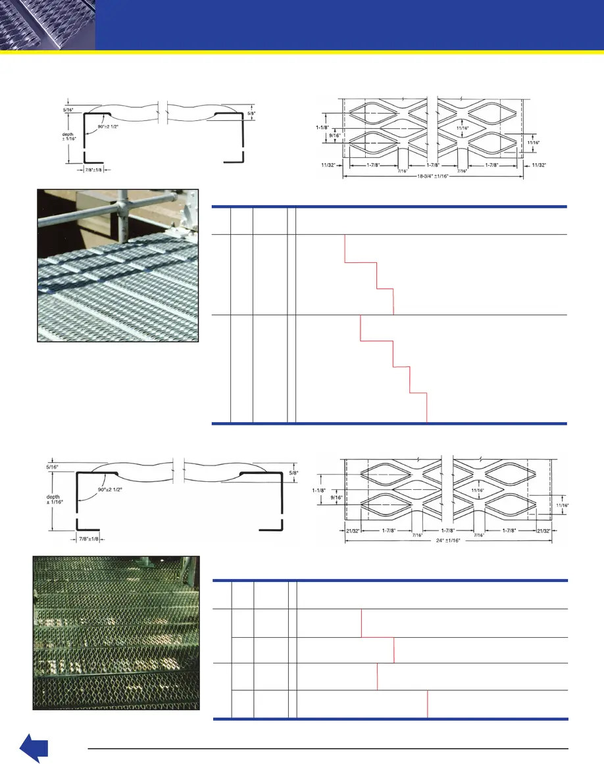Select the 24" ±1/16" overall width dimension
447,540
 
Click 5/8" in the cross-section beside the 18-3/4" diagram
251,113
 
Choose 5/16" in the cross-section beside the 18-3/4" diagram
69,110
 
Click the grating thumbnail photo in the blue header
47,25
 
